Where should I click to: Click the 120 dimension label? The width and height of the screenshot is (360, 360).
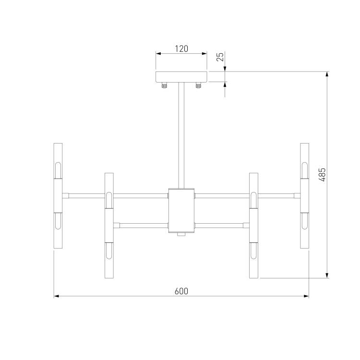click(181, 48)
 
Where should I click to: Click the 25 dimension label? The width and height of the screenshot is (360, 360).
click(220, 57)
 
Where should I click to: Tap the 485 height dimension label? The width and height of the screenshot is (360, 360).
click(322, 175)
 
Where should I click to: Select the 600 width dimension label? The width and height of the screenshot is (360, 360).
click(181, 291)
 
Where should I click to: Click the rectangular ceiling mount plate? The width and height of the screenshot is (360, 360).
click(181, 77)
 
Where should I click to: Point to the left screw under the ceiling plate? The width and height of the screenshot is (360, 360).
click(164, 85)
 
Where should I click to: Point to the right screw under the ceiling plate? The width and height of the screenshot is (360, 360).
click(198, 85)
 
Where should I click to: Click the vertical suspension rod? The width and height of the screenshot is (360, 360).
click(181, 135)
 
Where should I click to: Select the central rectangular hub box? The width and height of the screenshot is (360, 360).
click(181, 210)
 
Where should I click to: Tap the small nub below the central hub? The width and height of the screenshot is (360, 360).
click(181, 234)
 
